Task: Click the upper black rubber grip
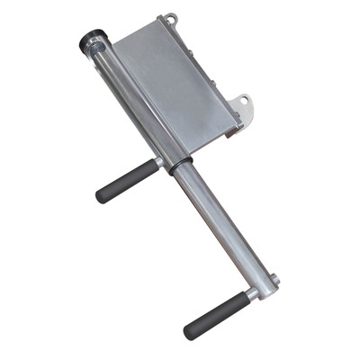click(x=127, y=181)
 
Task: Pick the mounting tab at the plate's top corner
click(x=168, y=19)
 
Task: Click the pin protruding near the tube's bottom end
click(x=274, y=281)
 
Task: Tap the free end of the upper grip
click(x=101, y=195)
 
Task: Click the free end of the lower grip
click(x=189, y=332)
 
